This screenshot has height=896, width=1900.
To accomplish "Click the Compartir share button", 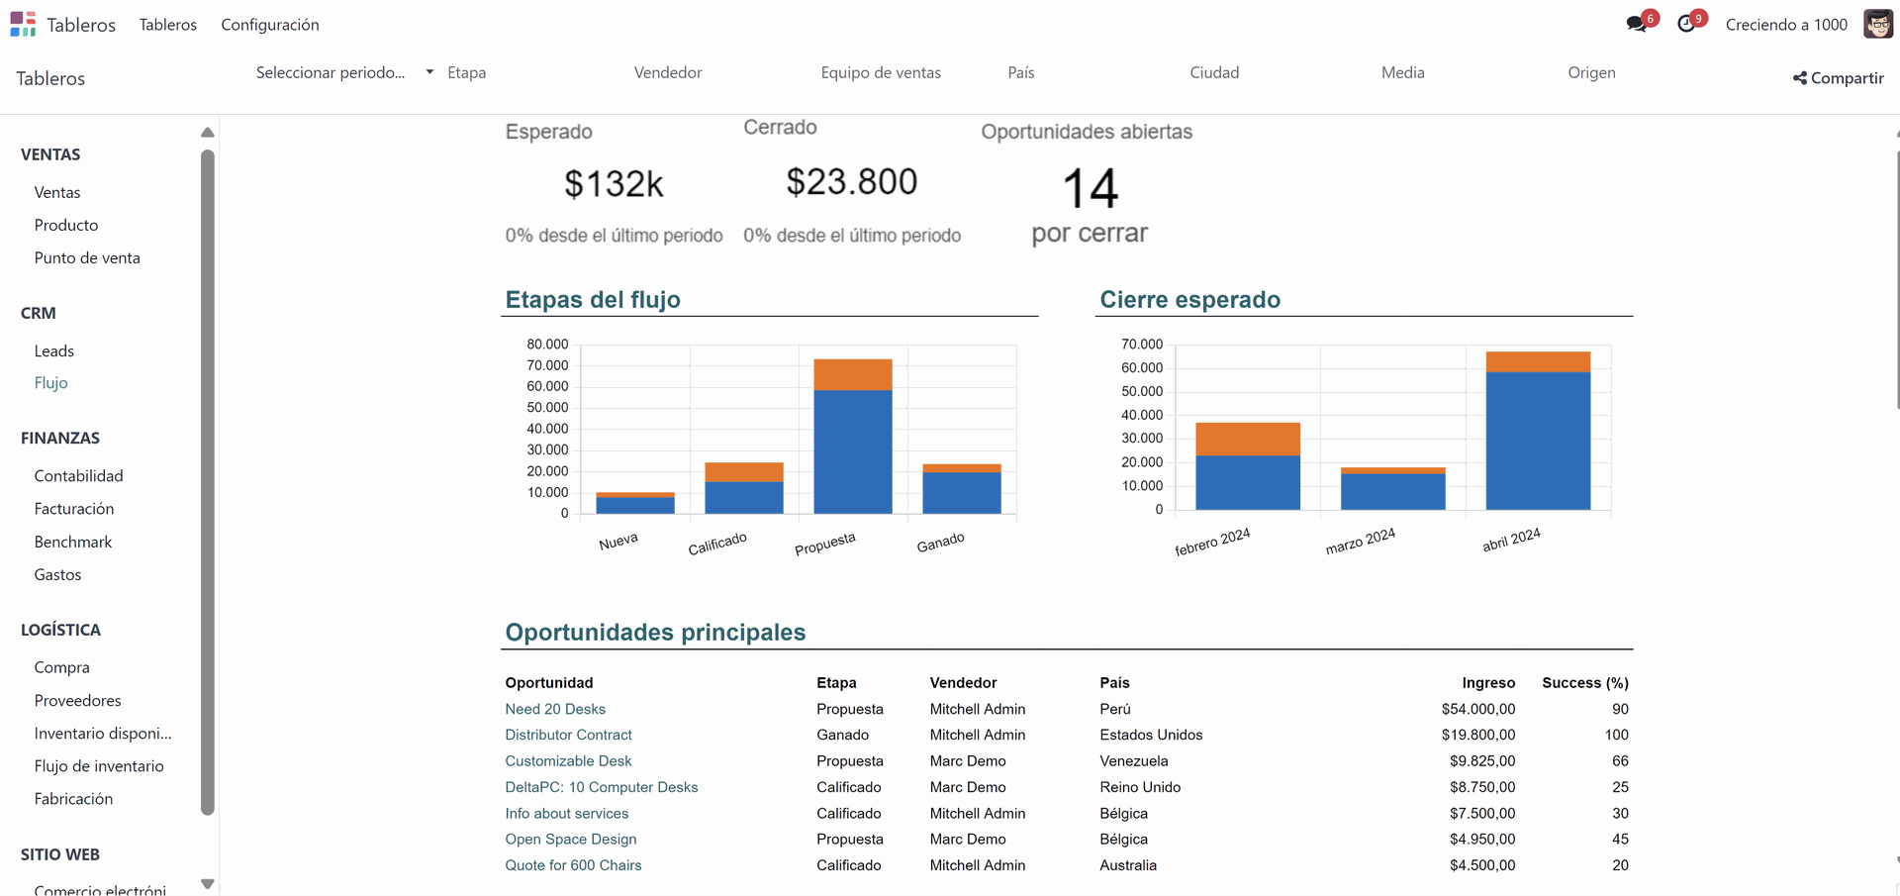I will [x=1838, y=78].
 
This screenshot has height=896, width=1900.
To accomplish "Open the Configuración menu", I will [x=269, y=25].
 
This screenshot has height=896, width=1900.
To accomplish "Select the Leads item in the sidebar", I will [x=54, y=350].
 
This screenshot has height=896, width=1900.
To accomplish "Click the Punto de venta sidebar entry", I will [x=87, y=257].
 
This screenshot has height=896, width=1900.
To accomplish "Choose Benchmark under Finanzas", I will [x=73, y=542].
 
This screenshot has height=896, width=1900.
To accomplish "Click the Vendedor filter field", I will [x=668, y=72].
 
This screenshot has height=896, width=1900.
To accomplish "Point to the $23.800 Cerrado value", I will [x=851, y=182].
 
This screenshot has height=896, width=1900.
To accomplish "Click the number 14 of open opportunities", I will [x=1090, y=188].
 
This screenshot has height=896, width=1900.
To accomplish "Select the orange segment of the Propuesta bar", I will [x=852, y=374].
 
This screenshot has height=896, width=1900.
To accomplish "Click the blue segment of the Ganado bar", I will [x=961, y=492].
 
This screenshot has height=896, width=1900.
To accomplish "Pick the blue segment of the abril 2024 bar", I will [x=1537, y=441].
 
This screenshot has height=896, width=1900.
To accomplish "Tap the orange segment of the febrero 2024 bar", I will [x=1247, y=439].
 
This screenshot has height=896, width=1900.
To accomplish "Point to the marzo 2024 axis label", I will [x=1360, y=542].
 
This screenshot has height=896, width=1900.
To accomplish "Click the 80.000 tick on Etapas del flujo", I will [x=547, y=345].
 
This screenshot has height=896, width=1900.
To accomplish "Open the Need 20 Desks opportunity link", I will [x=555, y=709].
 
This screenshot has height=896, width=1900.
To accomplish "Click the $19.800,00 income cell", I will [x=1477, y=735].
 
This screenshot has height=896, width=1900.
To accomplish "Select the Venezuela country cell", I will [x=1134, y=761].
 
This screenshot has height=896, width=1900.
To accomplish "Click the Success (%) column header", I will [x=1584, y=683].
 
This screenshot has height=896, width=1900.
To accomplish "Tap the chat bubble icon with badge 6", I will [x=1636, y=24].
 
